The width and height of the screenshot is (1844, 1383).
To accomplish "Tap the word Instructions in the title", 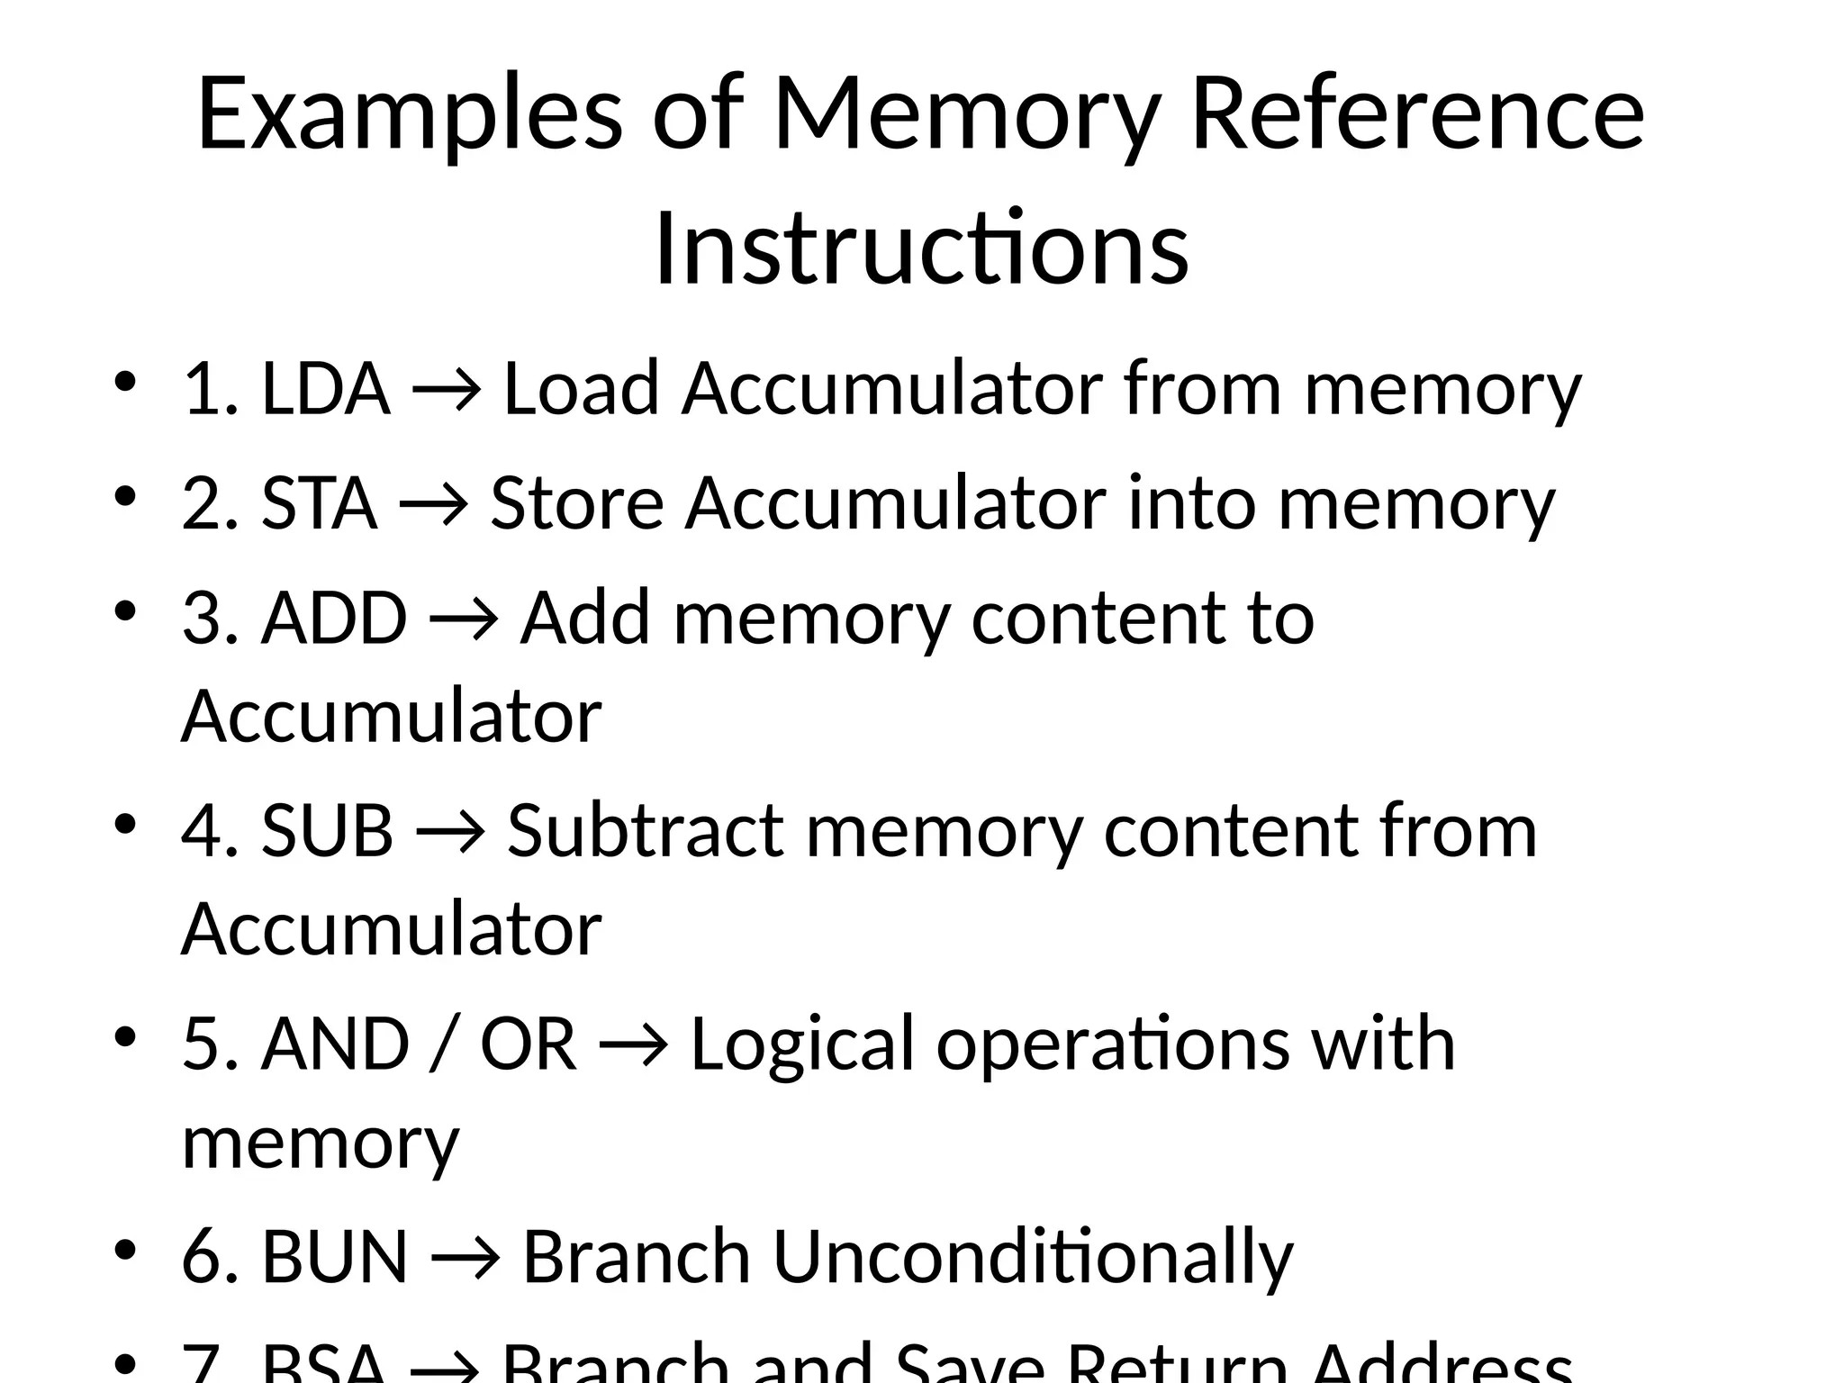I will tap(921, 249).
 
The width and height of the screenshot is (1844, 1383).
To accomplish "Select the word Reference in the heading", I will tap(1417, 115).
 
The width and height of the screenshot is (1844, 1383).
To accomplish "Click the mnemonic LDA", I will tap(326, 389).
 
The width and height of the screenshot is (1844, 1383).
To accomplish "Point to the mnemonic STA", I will tap(319, 503).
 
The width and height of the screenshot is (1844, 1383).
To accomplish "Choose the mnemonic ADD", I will tap(334, 619).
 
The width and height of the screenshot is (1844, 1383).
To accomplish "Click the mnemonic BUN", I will tap(335, 1256).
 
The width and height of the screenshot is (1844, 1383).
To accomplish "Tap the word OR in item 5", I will tap(528, 1044).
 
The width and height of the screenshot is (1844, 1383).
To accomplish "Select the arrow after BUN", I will tap(465, 1258).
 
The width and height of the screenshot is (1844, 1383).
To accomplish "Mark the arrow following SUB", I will tap(450, 832).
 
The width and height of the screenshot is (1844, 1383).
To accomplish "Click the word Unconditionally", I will tap(1033, 1256).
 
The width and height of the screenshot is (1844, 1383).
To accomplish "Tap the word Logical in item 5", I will tap(802, 1044).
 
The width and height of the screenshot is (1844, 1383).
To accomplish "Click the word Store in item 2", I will tap(576, 503).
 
